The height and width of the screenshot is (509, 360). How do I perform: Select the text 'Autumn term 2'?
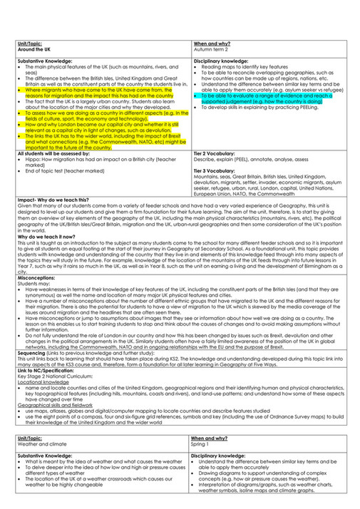210,50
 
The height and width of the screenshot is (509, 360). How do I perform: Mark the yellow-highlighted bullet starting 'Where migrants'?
100,93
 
